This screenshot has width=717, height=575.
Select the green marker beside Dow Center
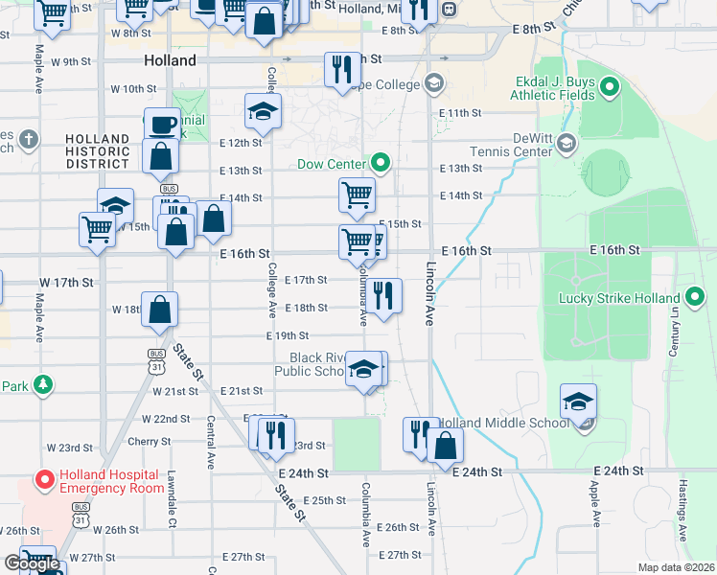(382, 164)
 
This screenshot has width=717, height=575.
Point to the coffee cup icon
(162, 125)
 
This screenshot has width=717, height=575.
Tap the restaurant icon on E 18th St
(383, 296)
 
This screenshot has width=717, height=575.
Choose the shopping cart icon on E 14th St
(357, 195)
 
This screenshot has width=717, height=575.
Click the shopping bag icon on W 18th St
(160, 310)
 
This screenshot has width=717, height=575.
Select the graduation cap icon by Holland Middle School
(579, 401)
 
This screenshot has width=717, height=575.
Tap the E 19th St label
(287, 335)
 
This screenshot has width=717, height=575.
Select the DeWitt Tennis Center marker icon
(567, 145)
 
